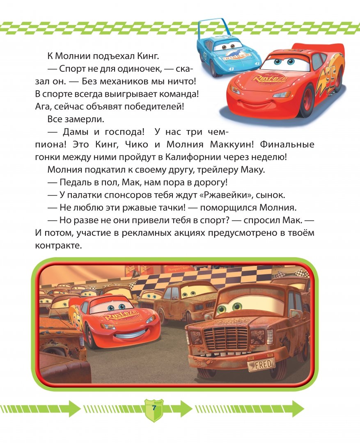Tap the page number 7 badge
[x=154, y=409]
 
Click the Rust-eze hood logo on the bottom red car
[x=122, y=317]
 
